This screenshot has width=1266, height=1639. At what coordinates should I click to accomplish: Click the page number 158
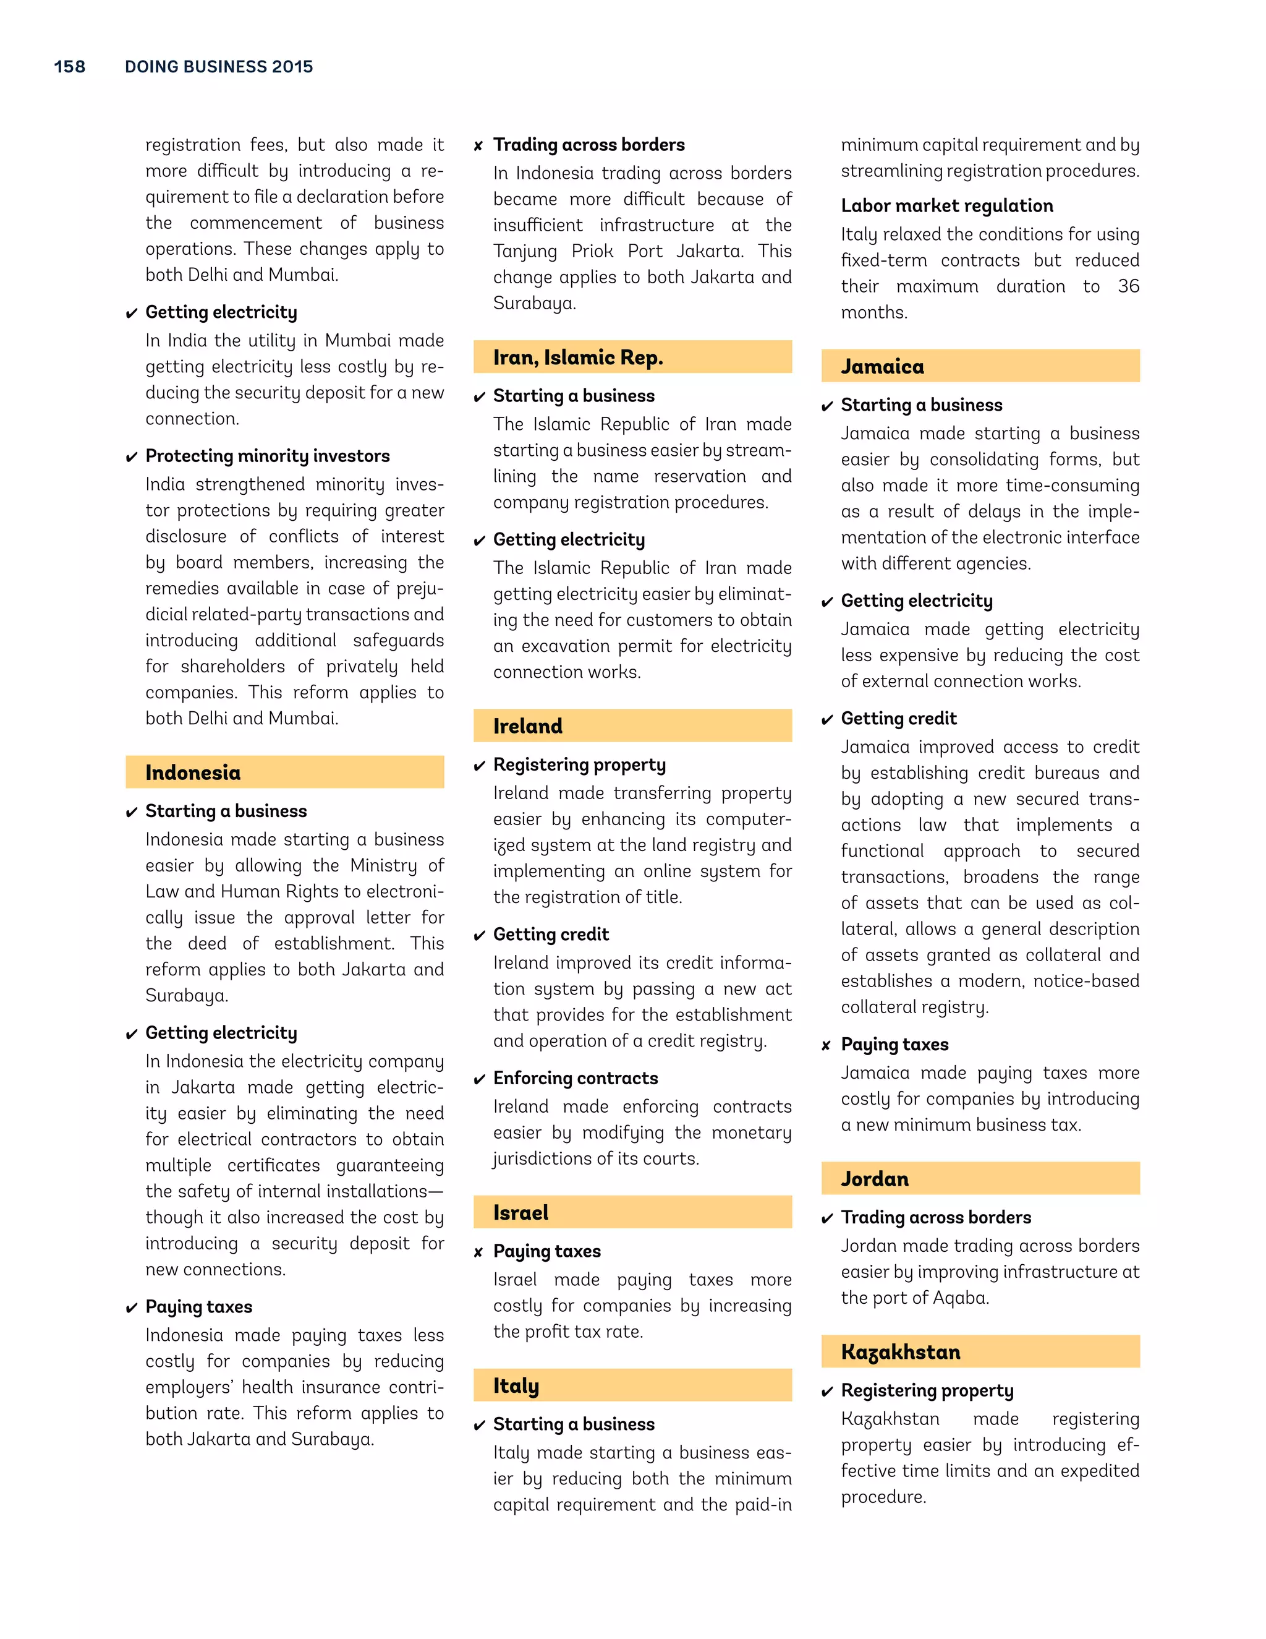(70, 67)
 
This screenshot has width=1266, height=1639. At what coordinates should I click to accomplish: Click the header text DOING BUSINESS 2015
(218, 67)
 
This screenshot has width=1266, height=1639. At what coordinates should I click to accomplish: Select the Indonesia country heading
(193, 772)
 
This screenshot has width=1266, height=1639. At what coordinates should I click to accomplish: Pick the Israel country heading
(520, 1212)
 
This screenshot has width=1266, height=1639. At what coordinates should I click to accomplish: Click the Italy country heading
(516, 1385)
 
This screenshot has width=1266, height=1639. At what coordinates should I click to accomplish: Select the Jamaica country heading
(882, 366)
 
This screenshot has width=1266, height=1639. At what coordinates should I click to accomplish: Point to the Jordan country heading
(875, 1178)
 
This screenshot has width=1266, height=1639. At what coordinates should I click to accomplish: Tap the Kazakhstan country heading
(900, 1351)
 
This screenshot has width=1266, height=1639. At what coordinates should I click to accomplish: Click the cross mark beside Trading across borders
(478, 145)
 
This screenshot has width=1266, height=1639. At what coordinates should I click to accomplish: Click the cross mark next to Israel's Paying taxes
(478, 1252)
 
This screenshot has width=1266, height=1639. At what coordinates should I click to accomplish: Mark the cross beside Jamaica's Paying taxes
(826, 1045)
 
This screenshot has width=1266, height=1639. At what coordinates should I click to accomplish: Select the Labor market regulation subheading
(946, 205)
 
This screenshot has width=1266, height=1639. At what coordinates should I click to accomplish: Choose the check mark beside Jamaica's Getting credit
(826, 720)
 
